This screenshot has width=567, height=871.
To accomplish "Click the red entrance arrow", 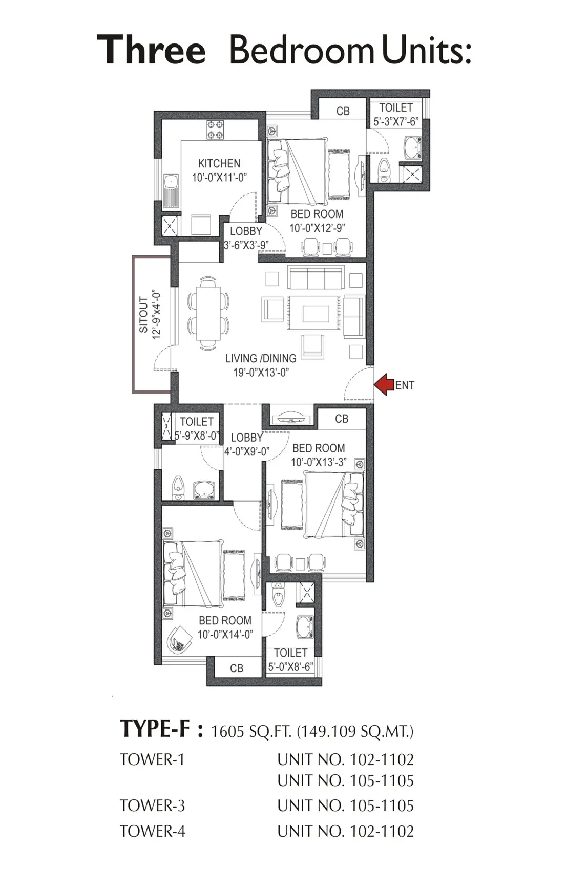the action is point(383,384).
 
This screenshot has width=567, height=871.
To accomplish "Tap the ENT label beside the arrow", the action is point(405,385).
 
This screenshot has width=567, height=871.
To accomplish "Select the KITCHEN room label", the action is point(219,163).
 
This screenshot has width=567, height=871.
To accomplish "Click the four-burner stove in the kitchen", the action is point(215,129).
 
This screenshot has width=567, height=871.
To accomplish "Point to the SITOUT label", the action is point(143,315).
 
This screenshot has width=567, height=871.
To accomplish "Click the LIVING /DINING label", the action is point(261,358).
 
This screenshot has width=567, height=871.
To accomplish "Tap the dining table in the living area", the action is point(208,313).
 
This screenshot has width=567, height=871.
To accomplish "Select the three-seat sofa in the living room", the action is point(316,277).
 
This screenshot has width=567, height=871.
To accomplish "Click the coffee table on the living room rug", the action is point(316,314).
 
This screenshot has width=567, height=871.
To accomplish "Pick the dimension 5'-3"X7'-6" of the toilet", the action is point(396,122).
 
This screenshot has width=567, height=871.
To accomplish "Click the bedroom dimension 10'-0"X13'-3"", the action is point(319,462).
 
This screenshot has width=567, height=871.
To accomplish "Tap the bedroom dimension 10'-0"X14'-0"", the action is point(225,634).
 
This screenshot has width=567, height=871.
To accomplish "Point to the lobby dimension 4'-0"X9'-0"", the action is point(247,451).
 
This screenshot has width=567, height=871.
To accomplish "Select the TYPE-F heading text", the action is point(155,728).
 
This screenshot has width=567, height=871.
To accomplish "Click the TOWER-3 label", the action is point(152,805).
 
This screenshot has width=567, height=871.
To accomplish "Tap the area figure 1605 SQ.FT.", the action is point(251,731).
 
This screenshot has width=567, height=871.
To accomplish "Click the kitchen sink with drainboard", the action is point(171,191).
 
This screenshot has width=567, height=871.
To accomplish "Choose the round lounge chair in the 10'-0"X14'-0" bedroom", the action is point(179,638).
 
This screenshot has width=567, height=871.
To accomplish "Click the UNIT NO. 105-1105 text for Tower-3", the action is point(346,805).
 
